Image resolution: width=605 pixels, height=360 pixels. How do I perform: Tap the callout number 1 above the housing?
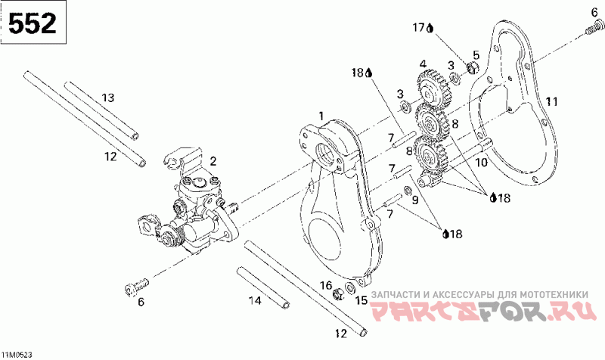321,115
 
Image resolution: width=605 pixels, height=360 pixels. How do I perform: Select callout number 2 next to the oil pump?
213,160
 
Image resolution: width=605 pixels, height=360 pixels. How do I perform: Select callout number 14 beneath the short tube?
255,300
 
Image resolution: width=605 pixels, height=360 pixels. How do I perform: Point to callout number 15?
361,300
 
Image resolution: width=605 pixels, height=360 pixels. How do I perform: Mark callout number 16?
326,285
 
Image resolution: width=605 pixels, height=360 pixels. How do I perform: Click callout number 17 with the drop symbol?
421,28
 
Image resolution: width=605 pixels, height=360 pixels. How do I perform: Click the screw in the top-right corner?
592,30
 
